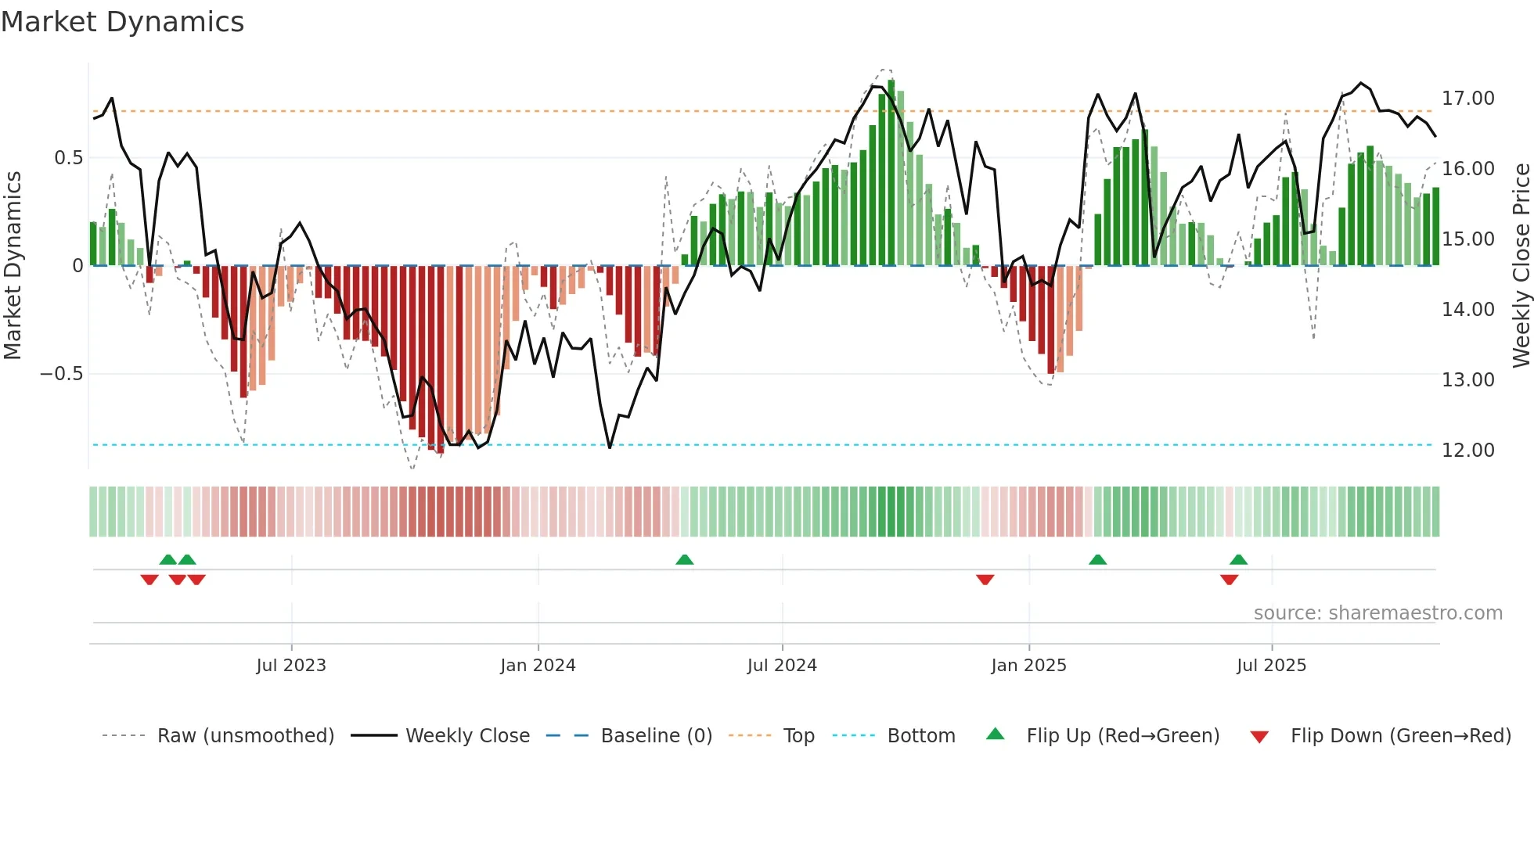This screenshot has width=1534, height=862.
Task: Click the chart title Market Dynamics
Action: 122,22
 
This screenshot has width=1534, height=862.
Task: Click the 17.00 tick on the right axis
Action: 1467,99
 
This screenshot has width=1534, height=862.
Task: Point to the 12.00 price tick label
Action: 1467,451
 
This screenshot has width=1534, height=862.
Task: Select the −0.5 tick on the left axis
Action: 61,374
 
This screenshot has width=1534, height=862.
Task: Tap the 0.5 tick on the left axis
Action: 68,158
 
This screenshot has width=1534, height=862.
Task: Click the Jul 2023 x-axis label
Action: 291,666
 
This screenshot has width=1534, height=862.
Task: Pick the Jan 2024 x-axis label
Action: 538,666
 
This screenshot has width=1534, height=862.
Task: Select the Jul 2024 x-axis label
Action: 782,666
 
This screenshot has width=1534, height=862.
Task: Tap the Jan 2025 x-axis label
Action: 1028,666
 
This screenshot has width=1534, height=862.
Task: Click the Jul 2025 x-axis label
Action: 1272,666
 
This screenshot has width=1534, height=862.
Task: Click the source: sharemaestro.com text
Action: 1377,613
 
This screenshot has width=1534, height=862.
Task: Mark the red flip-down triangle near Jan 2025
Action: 985,580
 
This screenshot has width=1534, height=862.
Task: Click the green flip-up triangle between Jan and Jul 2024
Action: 685,559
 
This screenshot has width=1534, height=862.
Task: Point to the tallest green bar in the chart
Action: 891,172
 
